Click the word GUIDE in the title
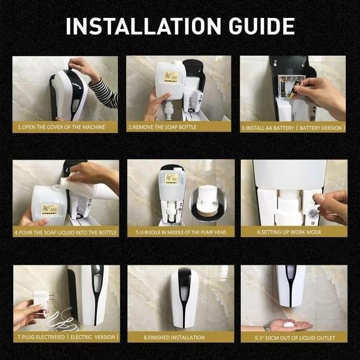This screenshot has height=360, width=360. click(x=262, y=26)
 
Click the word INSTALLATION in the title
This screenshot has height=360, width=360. click(x=144, y=26)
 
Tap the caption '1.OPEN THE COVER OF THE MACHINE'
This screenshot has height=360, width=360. click(x=61, y=127)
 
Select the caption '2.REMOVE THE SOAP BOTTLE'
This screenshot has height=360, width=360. click(x=162, y=127)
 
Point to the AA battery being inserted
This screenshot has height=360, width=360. click(x=295, y=89)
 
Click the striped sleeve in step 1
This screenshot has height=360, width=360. click(x=104, y=94)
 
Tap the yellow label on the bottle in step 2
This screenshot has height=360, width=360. click(x=171, y=77)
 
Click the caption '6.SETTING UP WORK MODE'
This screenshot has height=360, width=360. click(x=289, y=232)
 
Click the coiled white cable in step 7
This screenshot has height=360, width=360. click(x=62, y=321)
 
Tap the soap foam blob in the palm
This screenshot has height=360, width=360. click(x=288, y=324)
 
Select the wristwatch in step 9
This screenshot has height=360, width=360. click(x=266, y=327)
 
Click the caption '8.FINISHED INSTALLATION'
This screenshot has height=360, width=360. click(x=174, y=337)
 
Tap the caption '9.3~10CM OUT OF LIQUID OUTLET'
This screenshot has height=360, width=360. click(x=295, y=338)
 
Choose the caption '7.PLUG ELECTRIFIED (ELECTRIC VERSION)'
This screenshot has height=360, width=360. click(x=68, y=337)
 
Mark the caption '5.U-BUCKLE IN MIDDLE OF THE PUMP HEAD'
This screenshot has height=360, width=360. click(x=181, y=232)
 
